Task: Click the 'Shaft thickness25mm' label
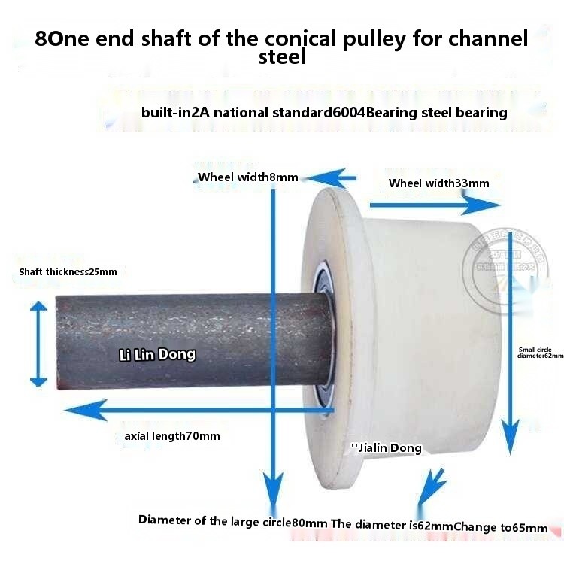coord(68,271)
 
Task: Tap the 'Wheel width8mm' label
coord(247,178)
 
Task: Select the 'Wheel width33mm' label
coord(438,183)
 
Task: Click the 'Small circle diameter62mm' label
coord(540,353)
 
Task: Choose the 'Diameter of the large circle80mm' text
coord(233,521)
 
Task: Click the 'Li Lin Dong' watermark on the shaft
coord(157,354)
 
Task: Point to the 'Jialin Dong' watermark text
coord(387,448)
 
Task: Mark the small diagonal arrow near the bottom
coord(429,487)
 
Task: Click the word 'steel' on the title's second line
coord(282,57)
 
